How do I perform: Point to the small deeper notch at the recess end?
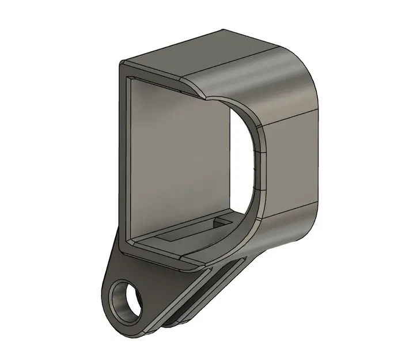[x=222, y=221]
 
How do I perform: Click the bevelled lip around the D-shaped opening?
[x=256, y=167]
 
